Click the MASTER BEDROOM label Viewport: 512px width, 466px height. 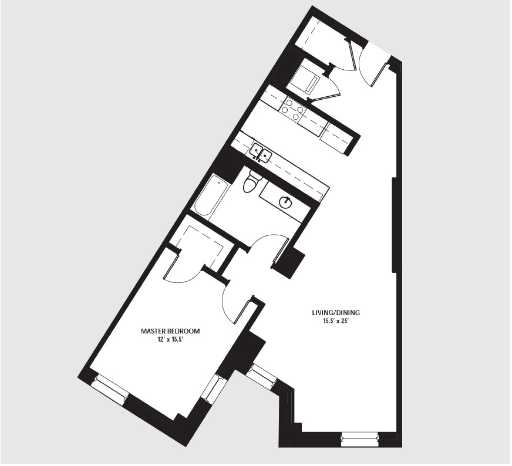coord(170,331)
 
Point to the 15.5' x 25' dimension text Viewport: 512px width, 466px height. coord(336,320)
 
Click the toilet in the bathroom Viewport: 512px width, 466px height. coord(252,180)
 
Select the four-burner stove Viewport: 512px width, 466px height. coord(292,109)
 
